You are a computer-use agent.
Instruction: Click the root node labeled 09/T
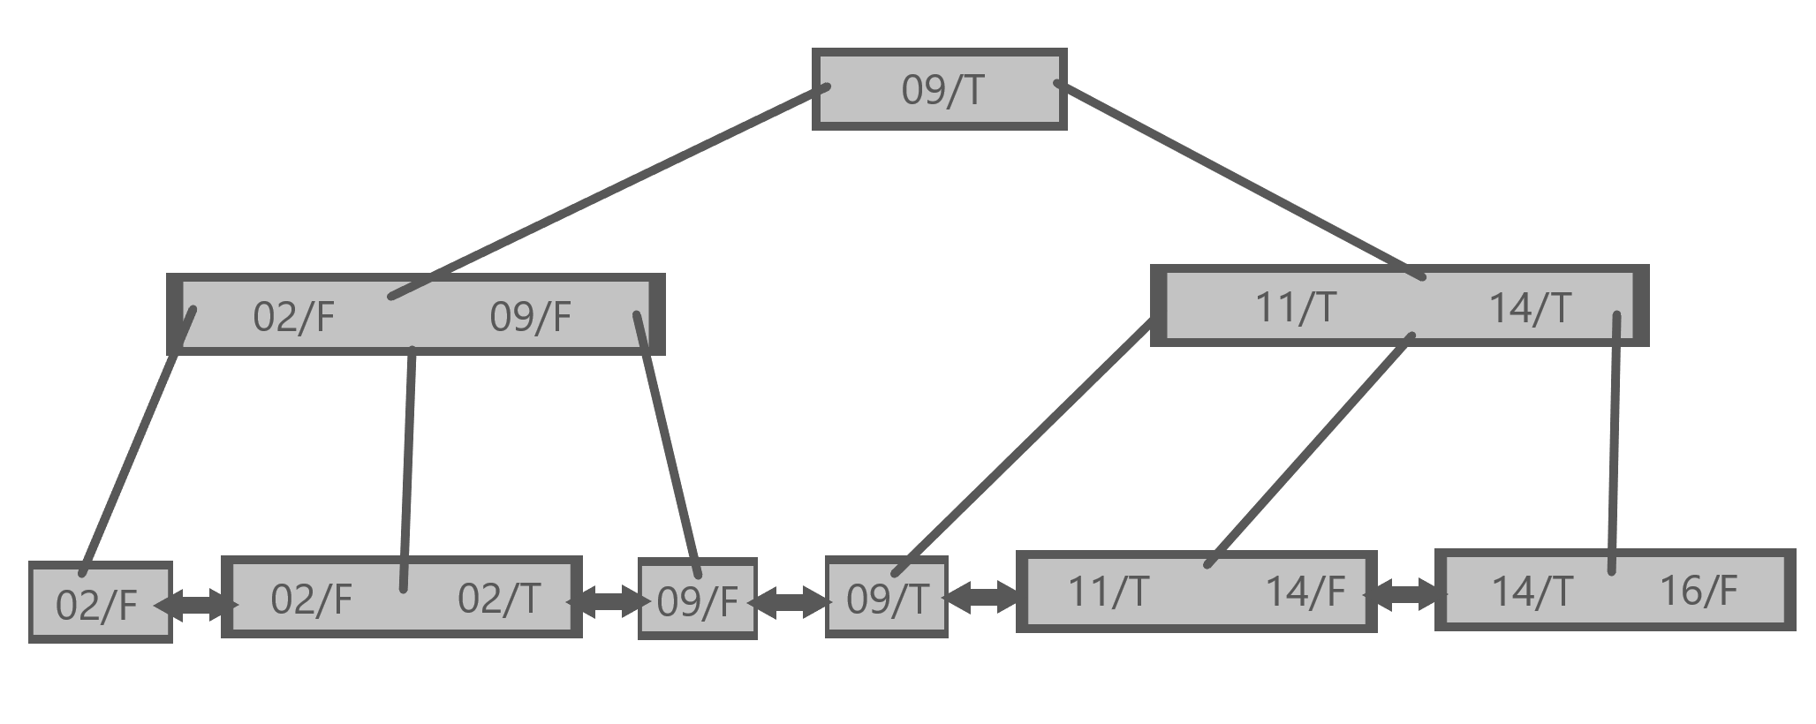(942, 90)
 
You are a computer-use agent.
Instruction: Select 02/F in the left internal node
(293, 317)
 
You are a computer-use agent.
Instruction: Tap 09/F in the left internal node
(530, 317)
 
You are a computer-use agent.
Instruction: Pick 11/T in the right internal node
(1296, 308)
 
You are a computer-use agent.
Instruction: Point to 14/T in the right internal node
(1530, 308)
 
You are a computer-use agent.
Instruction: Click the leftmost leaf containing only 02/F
(96, 606)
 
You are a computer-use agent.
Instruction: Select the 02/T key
(498, 599)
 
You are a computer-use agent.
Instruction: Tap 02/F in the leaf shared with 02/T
(311, 599)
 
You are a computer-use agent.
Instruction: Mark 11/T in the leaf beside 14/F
(1108, 591)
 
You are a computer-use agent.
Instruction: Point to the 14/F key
(1305, 591)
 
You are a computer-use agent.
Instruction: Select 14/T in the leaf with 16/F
(1532, 591)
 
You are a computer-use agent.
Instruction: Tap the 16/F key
(1699, 591)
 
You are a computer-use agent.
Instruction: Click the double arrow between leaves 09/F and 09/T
(791, 602)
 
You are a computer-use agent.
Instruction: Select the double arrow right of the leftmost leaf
(196, 606)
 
